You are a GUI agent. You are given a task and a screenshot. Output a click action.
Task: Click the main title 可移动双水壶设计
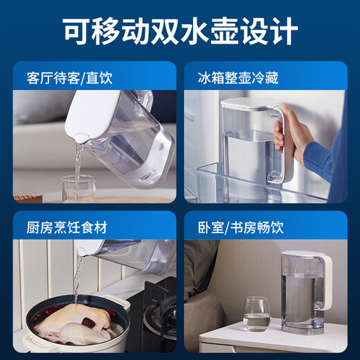(x=181, y=31)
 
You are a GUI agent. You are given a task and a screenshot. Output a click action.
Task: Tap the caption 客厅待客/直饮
(x=70, y=78)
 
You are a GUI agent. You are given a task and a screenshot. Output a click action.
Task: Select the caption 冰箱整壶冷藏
(x=238, y=78)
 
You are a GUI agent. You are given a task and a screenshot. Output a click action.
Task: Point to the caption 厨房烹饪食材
(x=67, y=228)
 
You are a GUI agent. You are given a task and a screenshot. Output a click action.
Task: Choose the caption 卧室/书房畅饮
(x=241, y=228)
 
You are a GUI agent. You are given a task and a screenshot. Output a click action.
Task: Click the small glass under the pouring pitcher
(x=78, y=189)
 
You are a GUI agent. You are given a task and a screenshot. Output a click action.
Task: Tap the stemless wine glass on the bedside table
(x=257, y=314)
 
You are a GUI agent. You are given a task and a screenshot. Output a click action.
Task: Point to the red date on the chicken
(x=88, y=322)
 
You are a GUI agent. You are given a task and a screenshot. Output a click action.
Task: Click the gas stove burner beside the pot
(x=160, y=314)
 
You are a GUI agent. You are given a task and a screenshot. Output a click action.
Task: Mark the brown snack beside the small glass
(x=28, y=199)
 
